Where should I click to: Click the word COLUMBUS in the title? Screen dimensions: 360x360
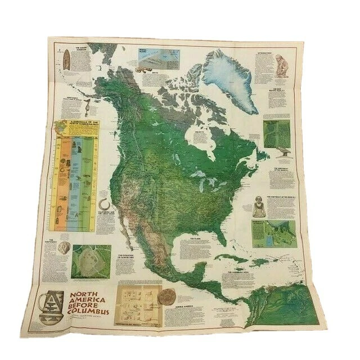pos(91,312)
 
